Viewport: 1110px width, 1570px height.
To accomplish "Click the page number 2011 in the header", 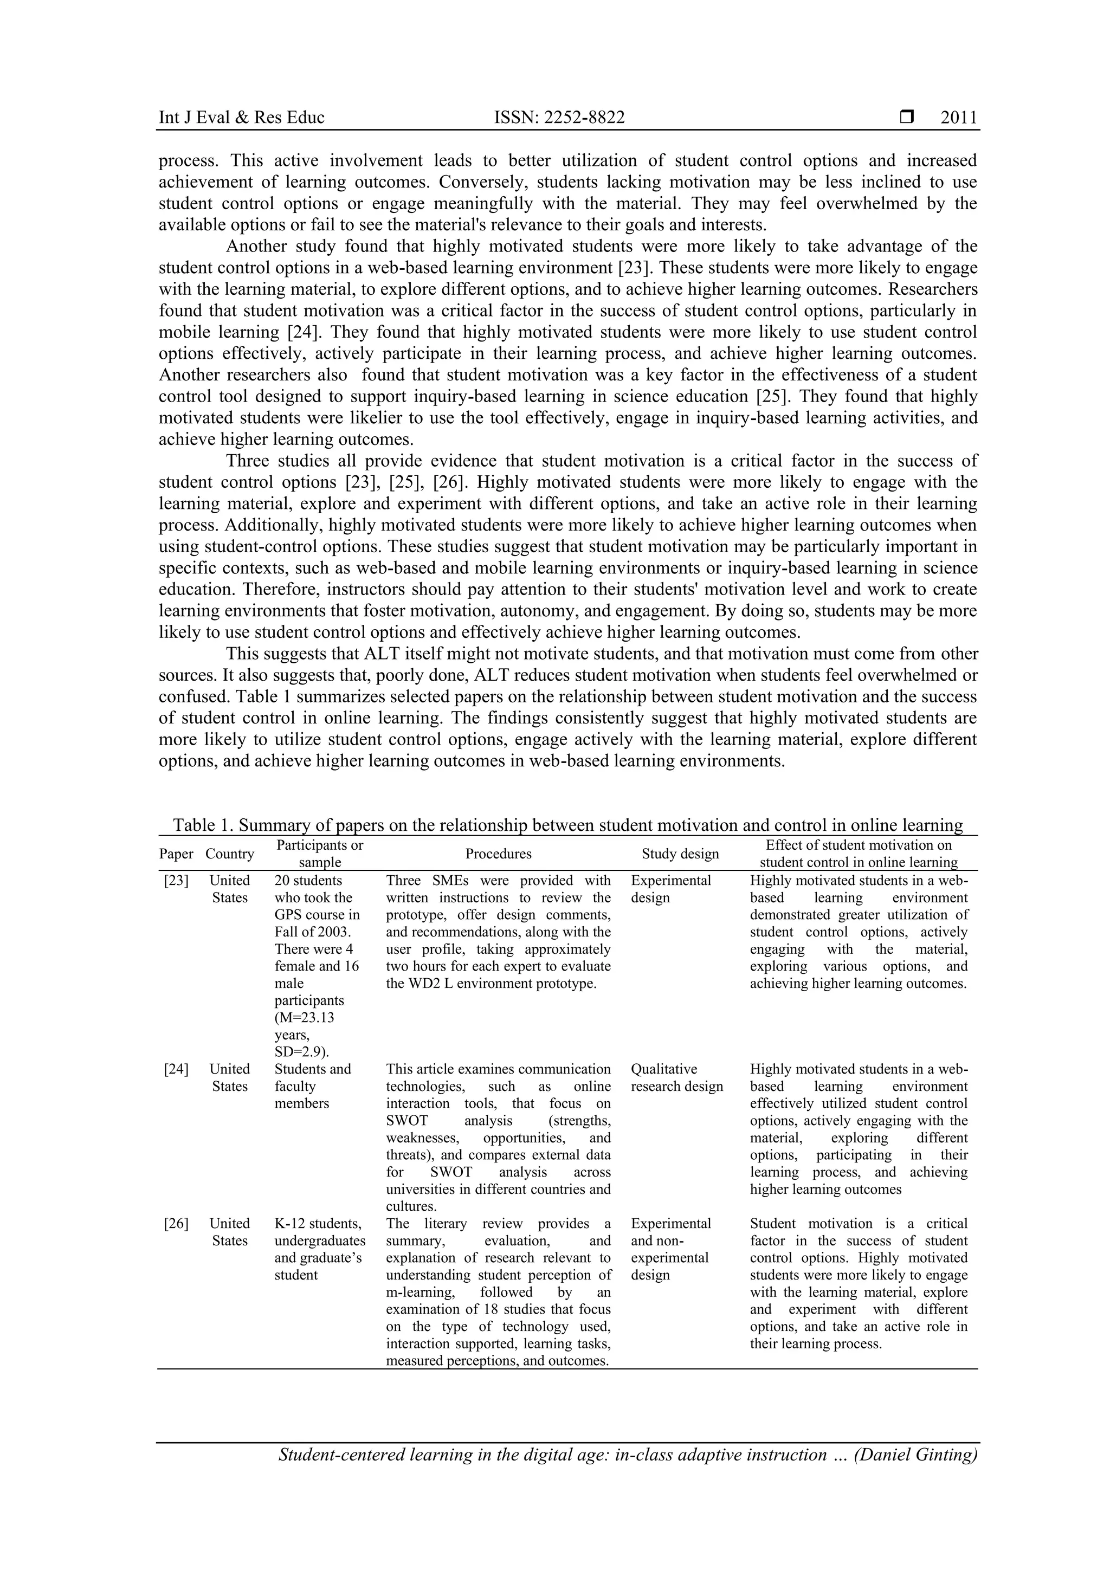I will coord(958,118).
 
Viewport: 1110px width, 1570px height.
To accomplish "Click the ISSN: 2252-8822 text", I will coord(559,118).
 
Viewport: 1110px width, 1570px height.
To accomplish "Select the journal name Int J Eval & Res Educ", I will coord(241,118).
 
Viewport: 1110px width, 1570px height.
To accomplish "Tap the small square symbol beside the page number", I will coord(906,117).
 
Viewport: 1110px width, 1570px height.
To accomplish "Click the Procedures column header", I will coord(498,854).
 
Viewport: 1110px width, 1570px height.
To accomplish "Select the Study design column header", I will coord(680,854).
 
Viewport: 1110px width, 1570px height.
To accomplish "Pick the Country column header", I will coord(230,854).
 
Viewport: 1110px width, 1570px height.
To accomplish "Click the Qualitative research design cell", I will coord(676,1078).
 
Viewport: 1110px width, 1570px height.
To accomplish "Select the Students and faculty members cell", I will coord(313,1086).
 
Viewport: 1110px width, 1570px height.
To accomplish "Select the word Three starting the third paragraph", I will coord(250,461).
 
